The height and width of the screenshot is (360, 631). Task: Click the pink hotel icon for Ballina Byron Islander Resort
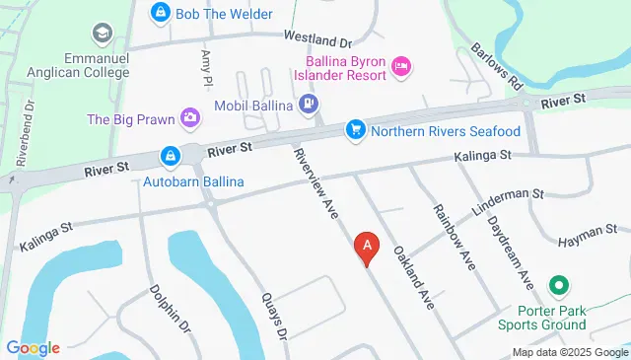click(x=401, y=66)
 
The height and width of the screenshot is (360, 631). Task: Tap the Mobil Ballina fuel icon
click(x=309, y=102)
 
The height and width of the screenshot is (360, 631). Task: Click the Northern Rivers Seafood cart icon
click(x=355, y=130)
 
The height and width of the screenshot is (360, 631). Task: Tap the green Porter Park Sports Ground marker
click(x=559, y=287)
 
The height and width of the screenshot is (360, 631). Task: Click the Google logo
click(x=33, y=347)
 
